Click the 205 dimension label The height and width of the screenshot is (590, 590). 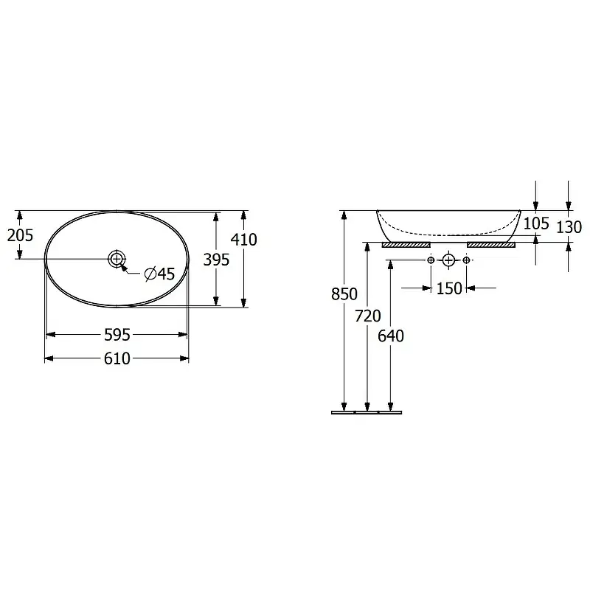click(21, 235)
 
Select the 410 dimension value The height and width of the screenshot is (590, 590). click(244, 239)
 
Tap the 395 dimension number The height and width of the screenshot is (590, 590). click(216, 260)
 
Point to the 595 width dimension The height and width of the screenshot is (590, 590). click(117, 335)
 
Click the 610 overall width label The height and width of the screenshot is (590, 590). click(117, 358)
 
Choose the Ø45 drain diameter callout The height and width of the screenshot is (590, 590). click(160, 274)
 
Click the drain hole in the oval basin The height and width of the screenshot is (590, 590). click(117, 259)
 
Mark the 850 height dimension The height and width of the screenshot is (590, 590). click(344, 294)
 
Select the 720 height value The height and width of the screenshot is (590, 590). click(368, 316)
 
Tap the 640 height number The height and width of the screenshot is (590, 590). click(391, 336)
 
